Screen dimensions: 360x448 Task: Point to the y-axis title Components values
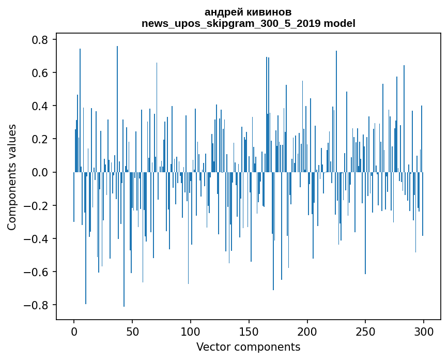tap(12, 177)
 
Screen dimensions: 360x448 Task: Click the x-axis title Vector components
tap(248, 347)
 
